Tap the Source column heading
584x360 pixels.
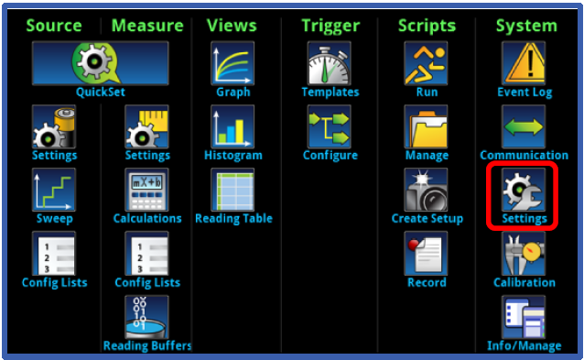pyautogui.click(x=54, y=25)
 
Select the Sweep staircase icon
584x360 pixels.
pyautogui.click(x=54, y=190)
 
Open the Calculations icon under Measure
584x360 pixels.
pyautogui.click(x=146, y=190)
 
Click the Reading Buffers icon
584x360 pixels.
pyautogui.click(x=146, y=317)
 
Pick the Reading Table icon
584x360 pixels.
pyautogui.click(x=233, y=190)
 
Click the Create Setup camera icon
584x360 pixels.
pyautogui.click(x=426, y=190)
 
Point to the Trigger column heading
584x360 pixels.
pyautogui.click(x=330, y=25)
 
